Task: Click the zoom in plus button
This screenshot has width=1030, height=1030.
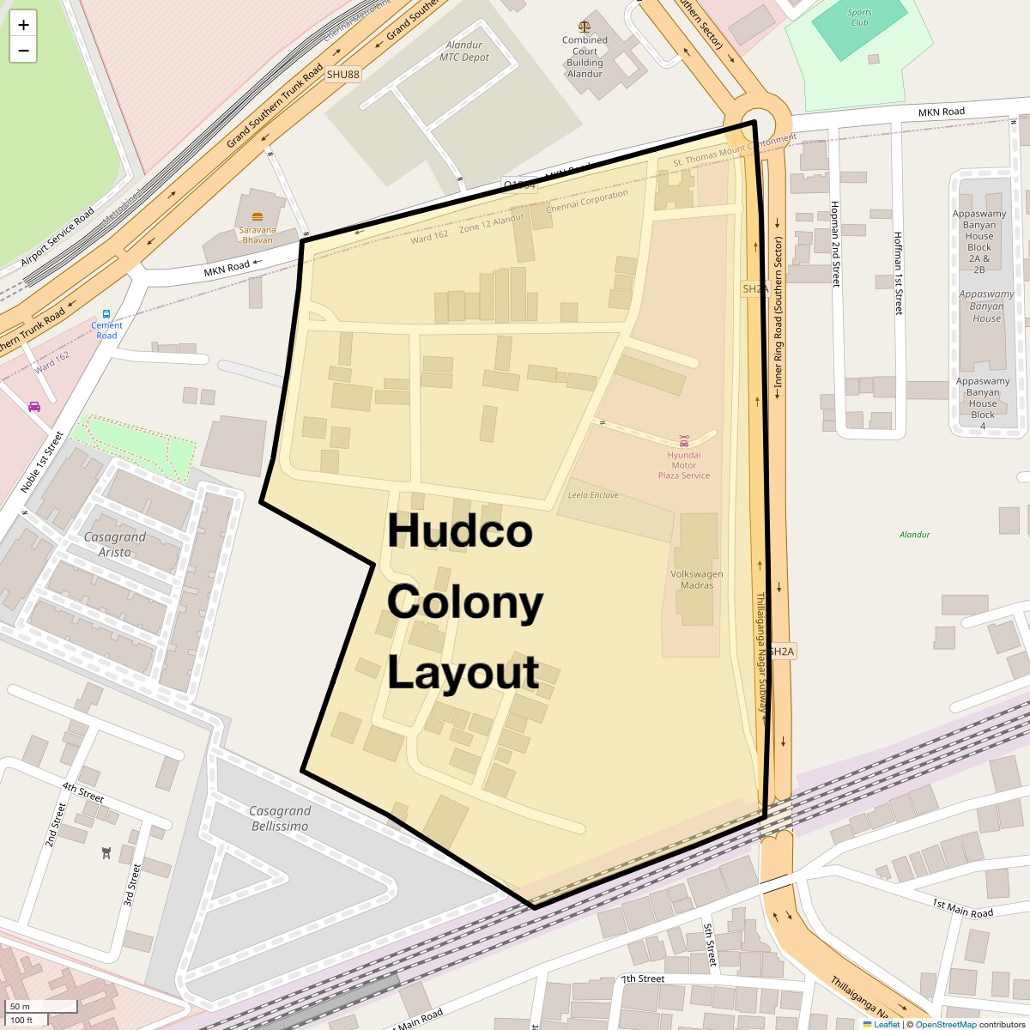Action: click(23, 25)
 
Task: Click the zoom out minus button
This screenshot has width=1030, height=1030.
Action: click(23, 51)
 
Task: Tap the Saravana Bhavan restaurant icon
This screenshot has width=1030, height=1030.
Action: click(257, 216)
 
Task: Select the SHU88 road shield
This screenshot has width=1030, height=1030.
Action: click(342, 75)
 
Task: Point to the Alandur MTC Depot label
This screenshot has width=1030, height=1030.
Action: click(463, 51)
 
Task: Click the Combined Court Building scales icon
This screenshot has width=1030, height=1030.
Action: click(585, 27)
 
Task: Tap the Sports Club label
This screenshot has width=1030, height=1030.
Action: click(859, 17)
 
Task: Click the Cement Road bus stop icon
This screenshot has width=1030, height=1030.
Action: click(106, 314)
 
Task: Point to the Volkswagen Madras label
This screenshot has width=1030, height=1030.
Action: click(696, 579)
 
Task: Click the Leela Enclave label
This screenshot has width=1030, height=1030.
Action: click(592, 495)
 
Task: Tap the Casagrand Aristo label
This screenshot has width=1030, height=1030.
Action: click(115, 544)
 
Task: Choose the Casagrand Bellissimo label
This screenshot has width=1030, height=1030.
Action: click(279, 818)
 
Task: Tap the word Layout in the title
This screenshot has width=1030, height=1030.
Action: click(463, 672)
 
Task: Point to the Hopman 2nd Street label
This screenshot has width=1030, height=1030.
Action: click(834, 244)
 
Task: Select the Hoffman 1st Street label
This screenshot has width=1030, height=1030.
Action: click(898, 273)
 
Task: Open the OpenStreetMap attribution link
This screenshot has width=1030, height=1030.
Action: click(945, 1024)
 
